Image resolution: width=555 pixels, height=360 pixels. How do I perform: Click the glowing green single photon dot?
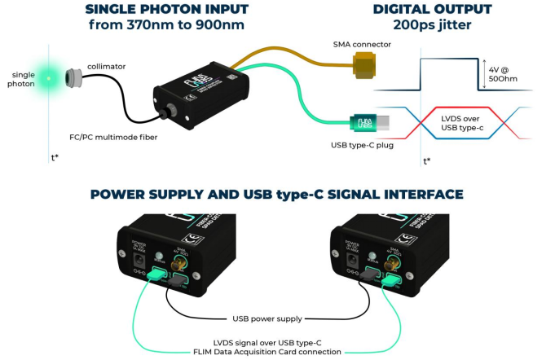pos(48,79)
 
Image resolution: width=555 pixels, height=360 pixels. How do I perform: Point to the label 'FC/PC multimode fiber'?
pos(113,137)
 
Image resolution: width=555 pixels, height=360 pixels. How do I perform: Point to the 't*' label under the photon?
pos(54,157)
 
